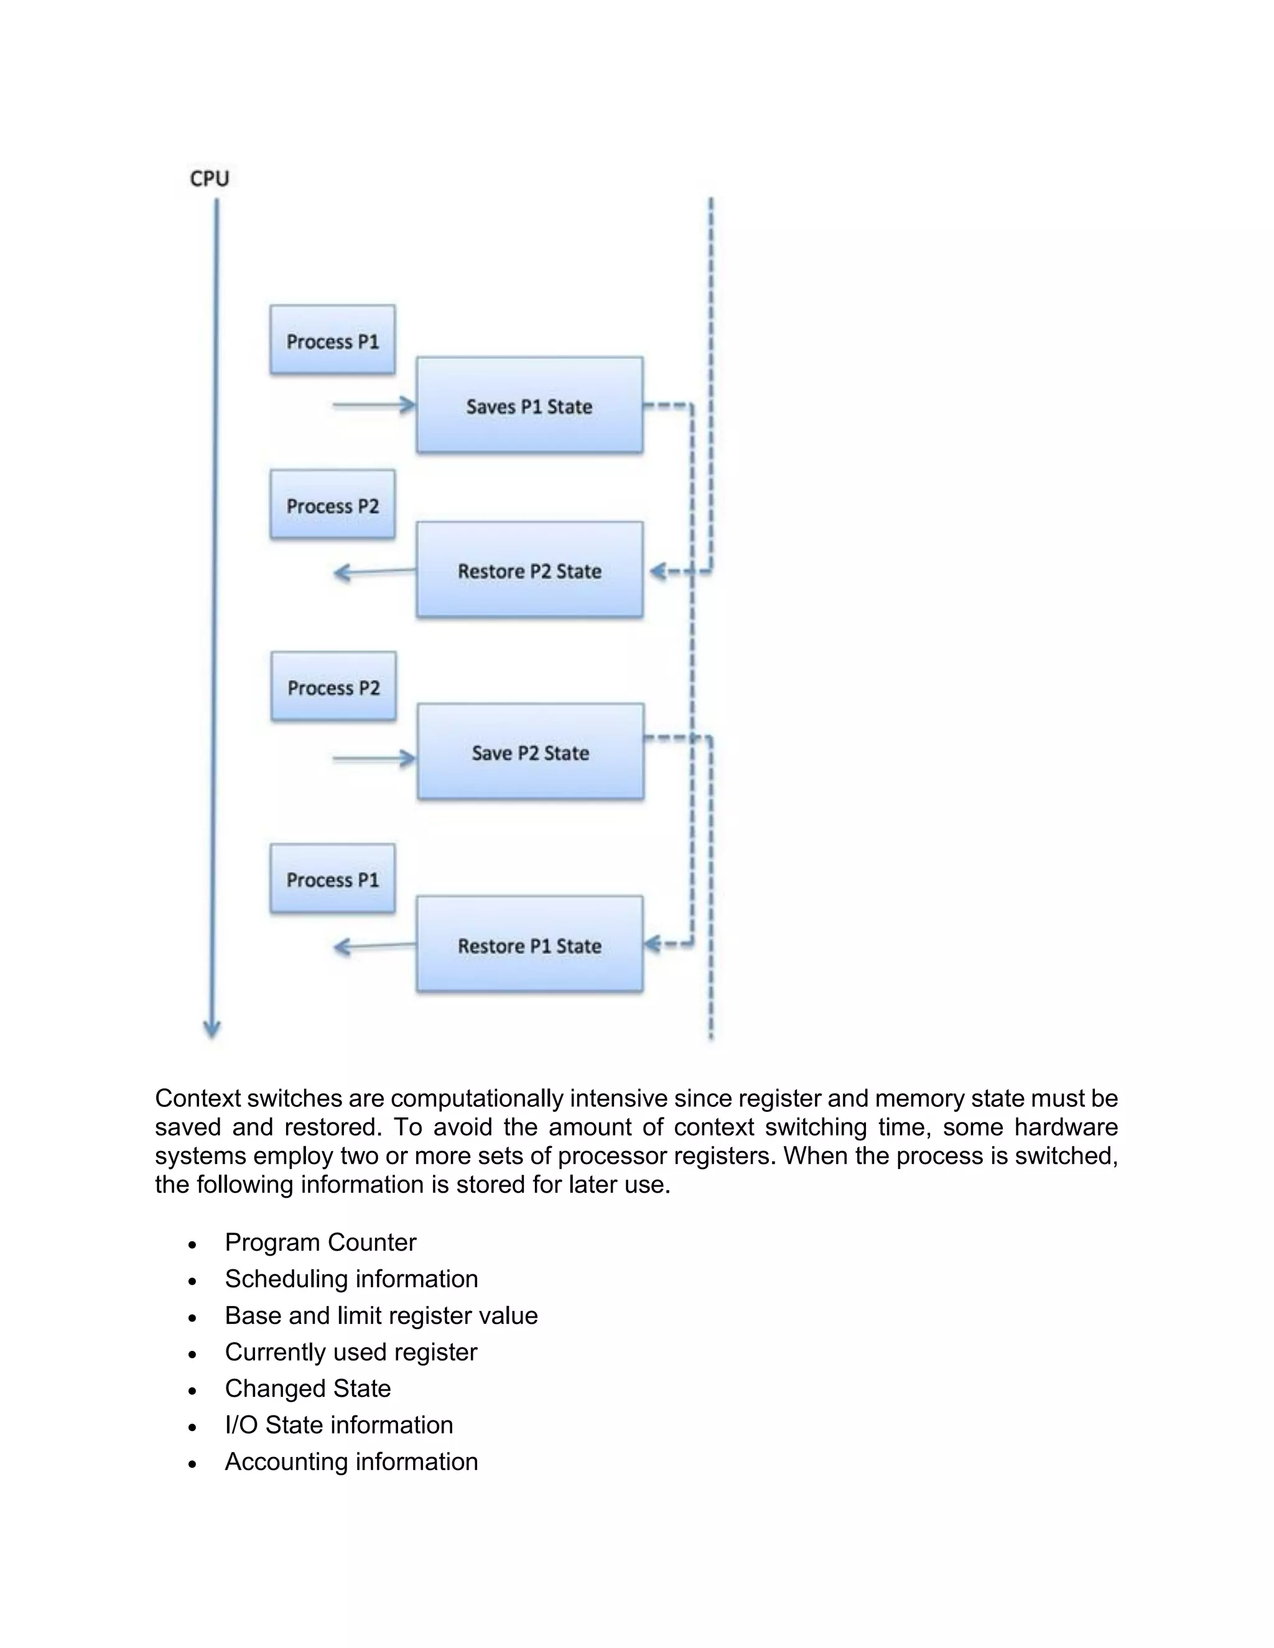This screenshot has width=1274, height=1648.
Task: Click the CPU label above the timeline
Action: point(209,179)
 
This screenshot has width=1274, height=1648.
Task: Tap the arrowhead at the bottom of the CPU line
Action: point(212,1029)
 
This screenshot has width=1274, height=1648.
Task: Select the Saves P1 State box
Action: point(529,406)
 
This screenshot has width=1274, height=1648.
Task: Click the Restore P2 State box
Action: point(529,570)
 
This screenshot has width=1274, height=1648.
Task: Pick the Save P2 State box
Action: point(530,752)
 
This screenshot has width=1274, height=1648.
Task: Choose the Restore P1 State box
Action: point(529,945)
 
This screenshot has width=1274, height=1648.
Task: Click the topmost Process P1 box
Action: point(332,340)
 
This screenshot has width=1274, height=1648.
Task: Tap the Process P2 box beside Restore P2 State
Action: point(332,505)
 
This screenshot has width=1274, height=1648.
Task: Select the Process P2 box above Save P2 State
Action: point(333,687)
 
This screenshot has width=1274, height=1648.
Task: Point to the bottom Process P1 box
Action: point(332,879)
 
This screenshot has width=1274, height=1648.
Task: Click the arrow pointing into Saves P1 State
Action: point(374,406)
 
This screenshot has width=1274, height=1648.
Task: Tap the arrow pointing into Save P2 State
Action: point(374,758)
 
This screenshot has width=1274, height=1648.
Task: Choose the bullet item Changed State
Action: point(307,1389)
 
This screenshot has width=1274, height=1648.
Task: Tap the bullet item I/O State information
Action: point(338,1425)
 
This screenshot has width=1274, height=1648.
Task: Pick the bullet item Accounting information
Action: point(351,1461)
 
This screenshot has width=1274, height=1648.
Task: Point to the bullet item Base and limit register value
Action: point(381,1315)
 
